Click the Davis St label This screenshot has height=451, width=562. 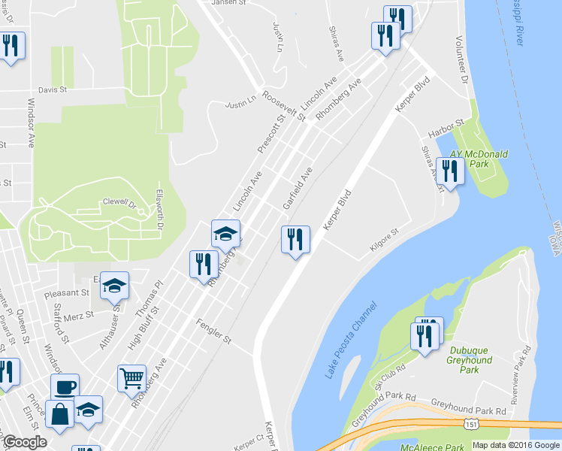(x=53, y=89)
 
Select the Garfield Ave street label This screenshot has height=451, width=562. (x=298, y=189)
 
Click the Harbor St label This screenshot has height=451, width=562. (x=447, y=129)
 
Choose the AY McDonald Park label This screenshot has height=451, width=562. (x=479, y=159)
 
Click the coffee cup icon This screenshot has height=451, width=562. (x=65, y=386)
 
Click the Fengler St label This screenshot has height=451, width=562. (x=213, y=331)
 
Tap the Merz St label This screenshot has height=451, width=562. (x=79, y=314)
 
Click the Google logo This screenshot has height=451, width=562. (x=25, y=442)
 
